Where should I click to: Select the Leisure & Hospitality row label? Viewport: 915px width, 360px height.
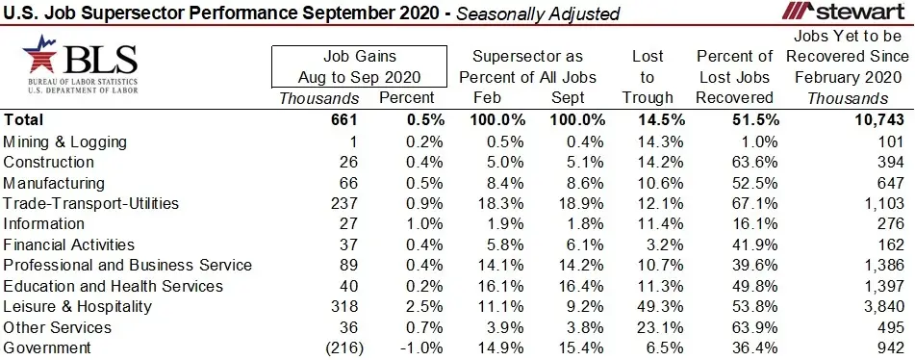[x=78, y=307]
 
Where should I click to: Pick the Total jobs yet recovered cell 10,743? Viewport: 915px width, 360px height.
[x=877, y=120]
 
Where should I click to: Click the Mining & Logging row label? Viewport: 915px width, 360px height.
[x=65, y=141]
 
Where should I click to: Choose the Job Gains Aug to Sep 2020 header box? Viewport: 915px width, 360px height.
[x=360, y=66]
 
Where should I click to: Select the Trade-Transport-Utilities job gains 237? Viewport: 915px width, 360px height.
[x=343, y=203]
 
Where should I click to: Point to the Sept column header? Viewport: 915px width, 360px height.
[x=567, y=97]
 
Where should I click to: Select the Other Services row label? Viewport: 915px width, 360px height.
[x=58, y=327]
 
